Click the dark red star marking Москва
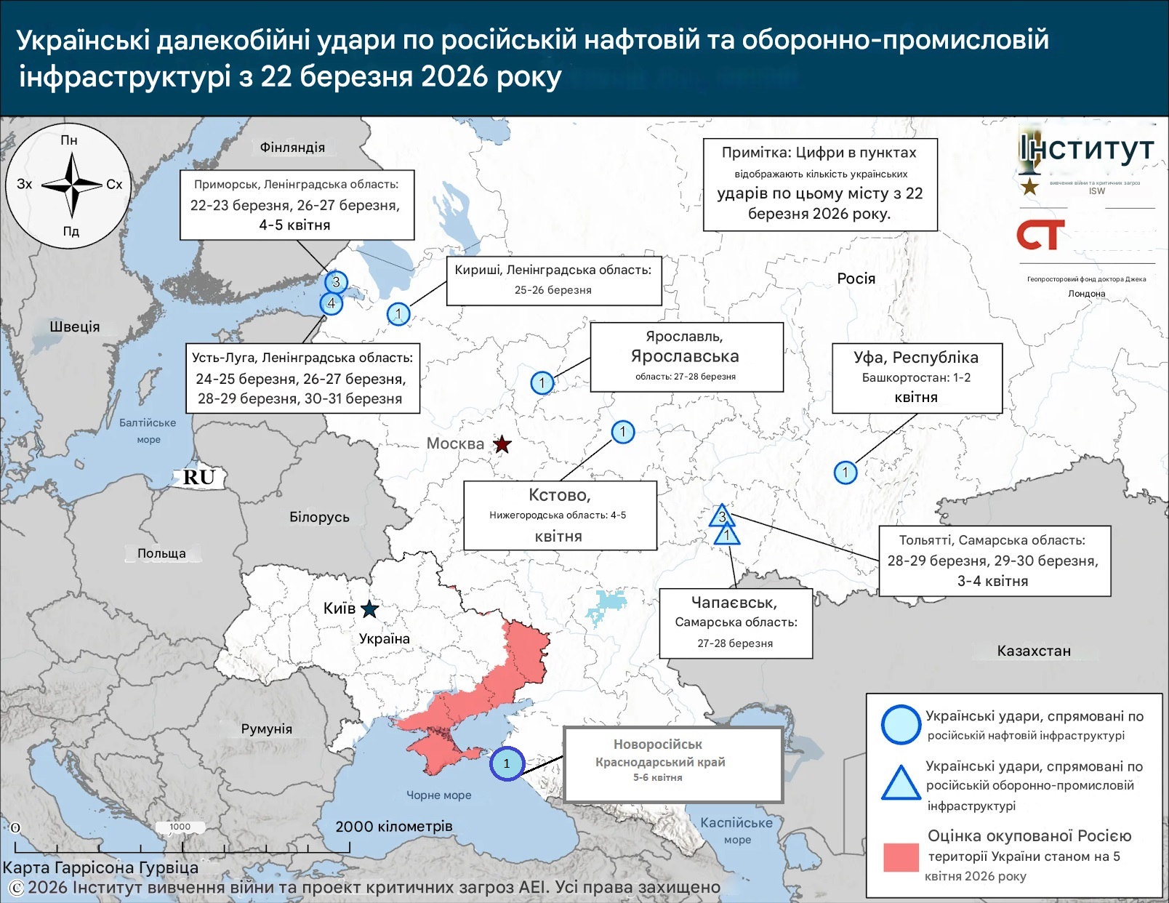click(502, 444)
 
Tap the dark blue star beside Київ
click(369, 609)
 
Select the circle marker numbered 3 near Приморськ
click(336, 282)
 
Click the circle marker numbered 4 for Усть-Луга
click(332, 303)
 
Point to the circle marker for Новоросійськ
click(507, 763)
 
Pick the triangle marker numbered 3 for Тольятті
click(721, 516)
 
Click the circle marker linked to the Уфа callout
click(845, 473)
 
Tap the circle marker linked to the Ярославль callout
click(542, 382)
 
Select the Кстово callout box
click(560, 515)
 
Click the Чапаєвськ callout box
click(735, 623)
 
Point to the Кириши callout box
click(553, 280)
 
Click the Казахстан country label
click(1033, 651)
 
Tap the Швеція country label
click(74, 326)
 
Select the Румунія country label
click(266, 729)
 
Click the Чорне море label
click(438, 795)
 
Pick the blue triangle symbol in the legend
click(901, 784)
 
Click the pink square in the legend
click(901, 856)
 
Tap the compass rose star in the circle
click(71, 185)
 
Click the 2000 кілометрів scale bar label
click(393, 826)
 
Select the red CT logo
click(1040, 235)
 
